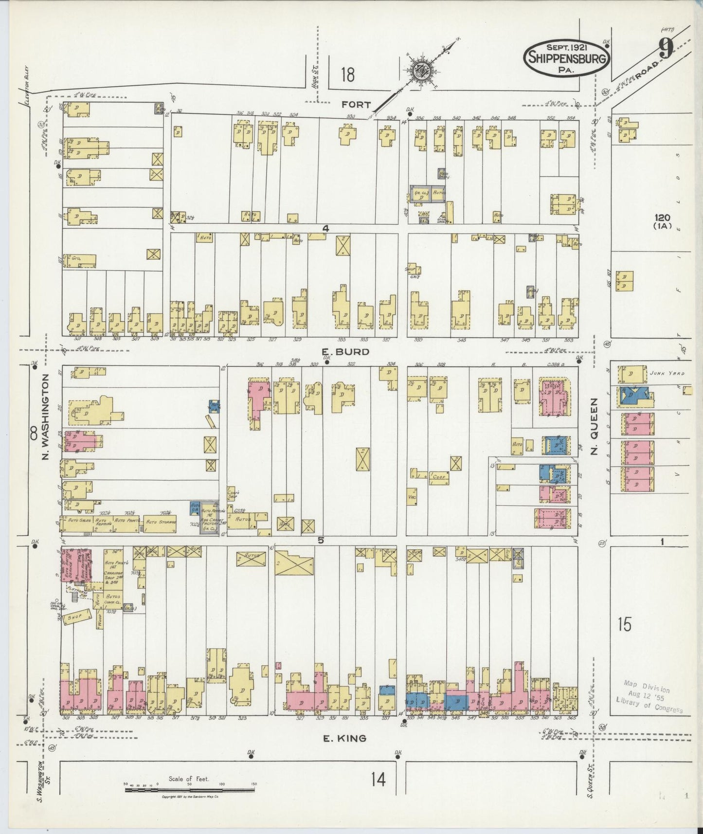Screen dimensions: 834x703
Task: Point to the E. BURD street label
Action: [345, 351]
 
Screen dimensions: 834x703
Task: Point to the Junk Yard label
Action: [666, 373]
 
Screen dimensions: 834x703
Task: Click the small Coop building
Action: [438, 477]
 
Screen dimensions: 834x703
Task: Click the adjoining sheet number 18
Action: [347, 75]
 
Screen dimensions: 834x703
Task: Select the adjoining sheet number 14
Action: [378, 780]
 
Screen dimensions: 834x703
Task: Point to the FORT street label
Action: [356, 105]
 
